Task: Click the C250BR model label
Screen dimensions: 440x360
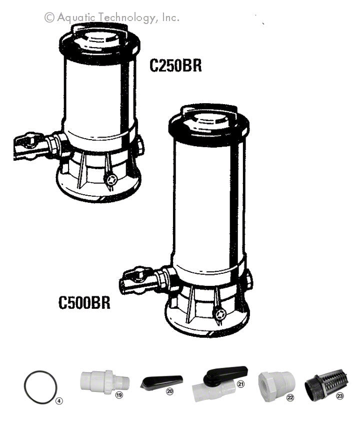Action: click(x=175, y=66)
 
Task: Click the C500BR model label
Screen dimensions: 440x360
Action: click(x=84, y=303)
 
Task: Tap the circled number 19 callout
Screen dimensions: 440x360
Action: click(x=119, y=395)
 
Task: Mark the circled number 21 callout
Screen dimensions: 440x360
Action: click(x=240, y=384)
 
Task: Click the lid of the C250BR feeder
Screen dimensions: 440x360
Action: click(x=99, y=40)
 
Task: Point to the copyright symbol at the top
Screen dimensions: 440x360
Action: click(x=49, y=18)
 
